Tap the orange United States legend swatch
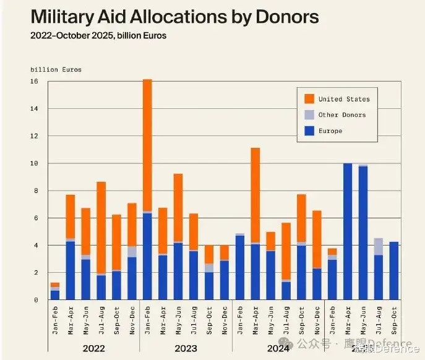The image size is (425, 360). tap(309, 99)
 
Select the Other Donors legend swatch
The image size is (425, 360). tap(309, 115)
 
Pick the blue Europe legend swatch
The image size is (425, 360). tap(309, 131)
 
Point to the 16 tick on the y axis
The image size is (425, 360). tap(35, 82)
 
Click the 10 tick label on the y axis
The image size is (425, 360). tap(35, 163)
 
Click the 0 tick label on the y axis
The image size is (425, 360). tap(36, 300)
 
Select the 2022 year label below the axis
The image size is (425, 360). tap(93, 348)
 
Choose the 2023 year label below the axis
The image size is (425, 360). tap(186, 348)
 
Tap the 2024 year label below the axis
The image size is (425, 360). tap(278, 348)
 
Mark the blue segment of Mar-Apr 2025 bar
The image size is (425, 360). tap(348, 232)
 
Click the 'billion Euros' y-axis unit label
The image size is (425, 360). tap(56, 70)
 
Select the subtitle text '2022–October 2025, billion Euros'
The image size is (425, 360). tap(98, 36)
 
